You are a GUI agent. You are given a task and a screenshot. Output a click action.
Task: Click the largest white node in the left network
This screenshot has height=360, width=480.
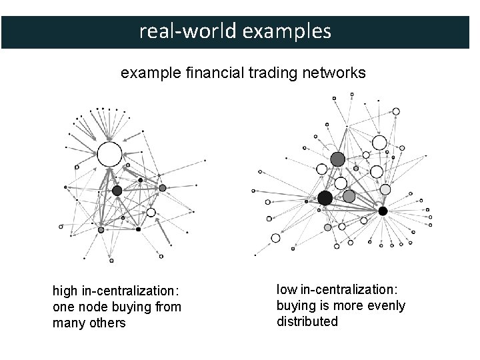point(109,154)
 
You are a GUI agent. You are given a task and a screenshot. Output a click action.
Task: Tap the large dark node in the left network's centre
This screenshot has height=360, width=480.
point(117,191)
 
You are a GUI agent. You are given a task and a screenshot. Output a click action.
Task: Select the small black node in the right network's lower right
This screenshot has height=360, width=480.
point(383,211)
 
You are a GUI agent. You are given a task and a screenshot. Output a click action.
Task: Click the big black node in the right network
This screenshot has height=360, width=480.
point(325,198)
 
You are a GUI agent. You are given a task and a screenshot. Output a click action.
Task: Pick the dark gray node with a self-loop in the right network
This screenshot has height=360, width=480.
point(338,159)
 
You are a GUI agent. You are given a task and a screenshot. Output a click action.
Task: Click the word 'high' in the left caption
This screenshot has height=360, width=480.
point(65,291)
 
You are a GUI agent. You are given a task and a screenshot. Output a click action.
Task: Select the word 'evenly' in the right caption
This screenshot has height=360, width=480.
point(388,305)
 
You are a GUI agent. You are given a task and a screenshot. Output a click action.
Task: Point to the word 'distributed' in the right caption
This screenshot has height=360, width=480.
point(307,321)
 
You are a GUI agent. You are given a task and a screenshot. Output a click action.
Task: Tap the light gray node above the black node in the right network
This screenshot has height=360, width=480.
point(385,190)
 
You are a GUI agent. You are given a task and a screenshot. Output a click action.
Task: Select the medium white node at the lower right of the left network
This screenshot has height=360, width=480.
point(151,213)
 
